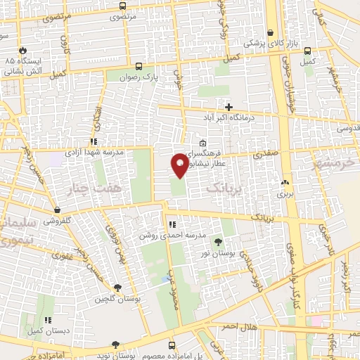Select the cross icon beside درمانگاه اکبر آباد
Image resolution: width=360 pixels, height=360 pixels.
pyautogui.click(x=229, y=106)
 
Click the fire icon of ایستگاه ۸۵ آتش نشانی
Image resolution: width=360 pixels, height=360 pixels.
pyautogui.click(x=23, y=50)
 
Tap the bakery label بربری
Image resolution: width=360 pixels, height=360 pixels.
pyautogui.click(x=283, y=192)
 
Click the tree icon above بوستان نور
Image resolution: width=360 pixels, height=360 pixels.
pyautogui.click(x=226, y=242)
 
